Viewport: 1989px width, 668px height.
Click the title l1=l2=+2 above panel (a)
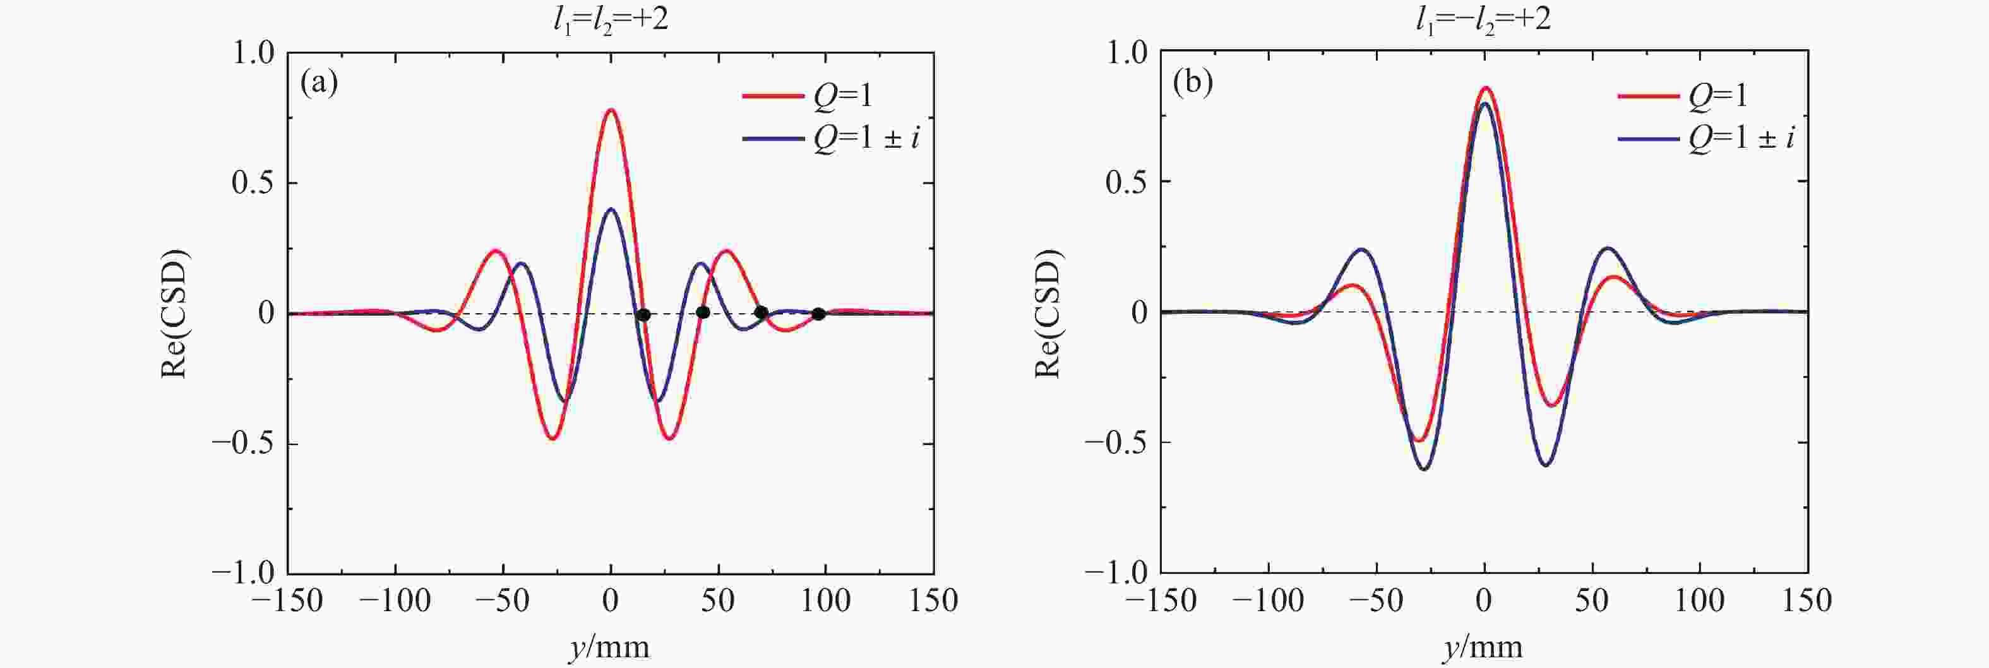(610, 18)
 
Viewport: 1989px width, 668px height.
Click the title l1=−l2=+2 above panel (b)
(1483, 18)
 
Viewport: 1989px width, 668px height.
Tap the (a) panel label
(319, 83)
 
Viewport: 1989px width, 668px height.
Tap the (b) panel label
(1192, 83)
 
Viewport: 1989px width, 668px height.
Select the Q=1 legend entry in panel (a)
(807, 96)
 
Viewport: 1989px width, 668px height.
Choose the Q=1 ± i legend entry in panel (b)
(1706, 138)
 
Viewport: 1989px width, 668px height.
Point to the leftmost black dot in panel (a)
(643, 314)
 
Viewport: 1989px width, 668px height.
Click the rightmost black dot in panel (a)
(818, 314)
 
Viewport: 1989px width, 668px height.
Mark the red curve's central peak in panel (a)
(611, 110)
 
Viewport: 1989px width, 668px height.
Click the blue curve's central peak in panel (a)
(611, 209)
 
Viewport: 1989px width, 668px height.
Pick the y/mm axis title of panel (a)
(610, 647)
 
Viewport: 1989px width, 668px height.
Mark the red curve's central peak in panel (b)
(1484, 88)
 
